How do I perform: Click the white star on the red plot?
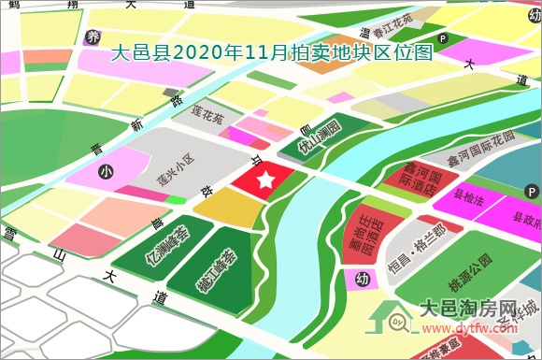pos(265,178)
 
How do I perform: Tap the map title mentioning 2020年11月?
pos(271,54)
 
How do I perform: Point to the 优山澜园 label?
pos(320,137)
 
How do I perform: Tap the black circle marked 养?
pos(92,37)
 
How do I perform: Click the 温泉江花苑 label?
pos(384,25)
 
